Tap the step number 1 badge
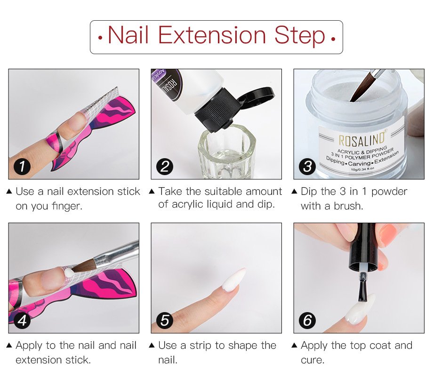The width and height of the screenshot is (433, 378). point(22,167)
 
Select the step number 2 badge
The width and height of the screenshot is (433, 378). point(165,167)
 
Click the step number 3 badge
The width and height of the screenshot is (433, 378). point(307,167)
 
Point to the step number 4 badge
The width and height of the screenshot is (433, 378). point(22,321)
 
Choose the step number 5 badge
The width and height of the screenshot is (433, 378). point(165,321)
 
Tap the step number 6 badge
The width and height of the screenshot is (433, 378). point(307,321)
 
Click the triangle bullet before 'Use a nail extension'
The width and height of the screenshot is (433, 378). point(9,192)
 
